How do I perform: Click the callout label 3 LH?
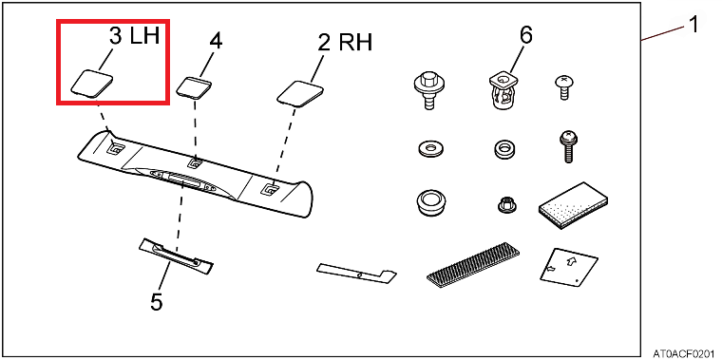135,36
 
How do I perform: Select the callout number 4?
216,42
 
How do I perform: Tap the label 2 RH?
345,44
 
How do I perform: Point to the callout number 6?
525,35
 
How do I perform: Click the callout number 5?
157,302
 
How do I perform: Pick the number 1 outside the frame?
693,25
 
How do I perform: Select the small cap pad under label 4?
195,87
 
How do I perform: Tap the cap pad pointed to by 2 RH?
299,93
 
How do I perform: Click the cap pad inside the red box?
92,84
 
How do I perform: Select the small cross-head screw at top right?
564,87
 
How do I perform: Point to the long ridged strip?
473,264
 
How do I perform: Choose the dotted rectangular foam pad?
573,205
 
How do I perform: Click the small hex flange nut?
507,204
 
